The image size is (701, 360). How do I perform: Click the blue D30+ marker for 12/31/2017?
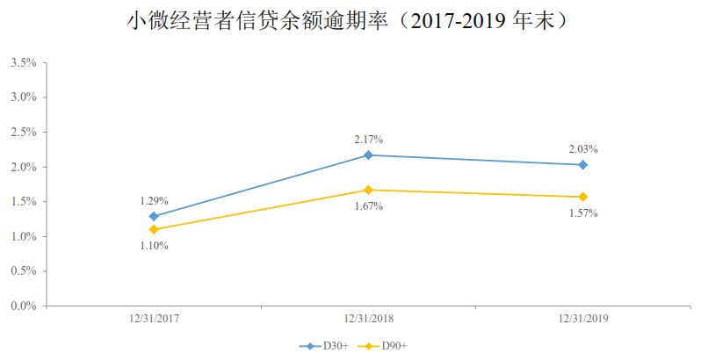point(154,216)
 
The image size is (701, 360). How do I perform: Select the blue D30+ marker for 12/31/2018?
point(368,155)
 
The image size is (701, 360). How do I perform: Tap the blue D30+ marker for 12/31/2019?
point(583,164)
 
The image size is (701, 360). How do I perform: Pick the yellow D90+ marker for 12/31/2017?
point(154,229)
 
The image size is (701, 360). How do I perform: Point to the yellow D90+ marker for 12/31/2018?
point(368,190)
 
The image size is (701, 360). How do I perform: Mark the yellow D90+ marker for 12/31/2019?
point(583,197)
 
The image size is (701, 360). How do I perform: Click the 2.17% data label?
point(368,139)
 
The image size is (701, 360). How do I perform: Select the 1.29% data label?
point(154,200)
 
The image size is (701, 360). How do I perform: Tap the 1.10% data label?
point(154,246)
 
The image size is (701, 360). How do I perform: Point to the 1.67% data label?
point(368,206)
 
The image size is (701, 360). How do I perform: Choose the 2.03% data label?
point(583,148)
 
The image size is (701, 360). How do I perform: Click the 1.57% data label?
point(583,213)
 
